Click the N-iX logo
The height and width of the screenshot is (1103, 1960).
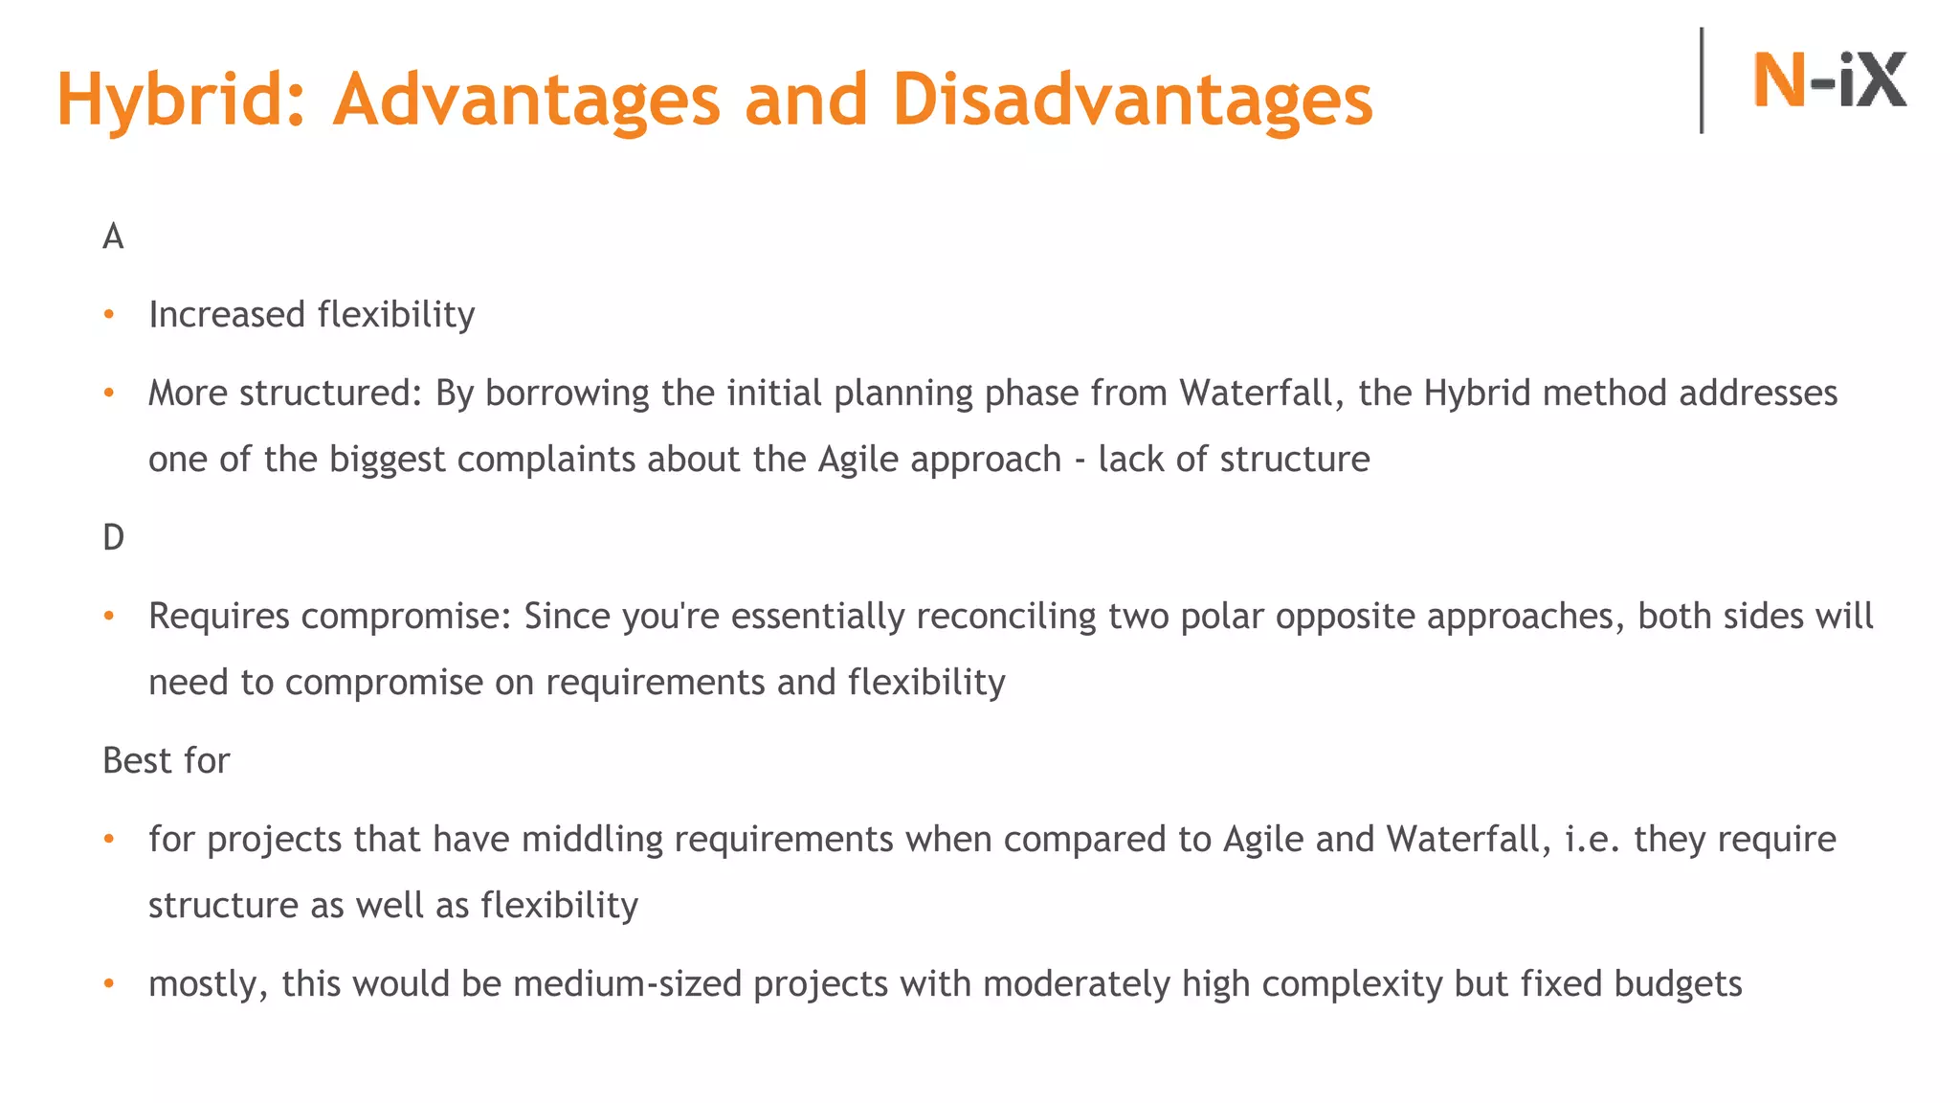tap(1829, 79)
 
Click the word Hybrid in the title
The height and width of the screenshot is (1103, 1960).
tap(181, 100)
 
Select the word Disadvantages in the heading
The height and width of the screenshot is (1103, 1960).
tap(1132, 100)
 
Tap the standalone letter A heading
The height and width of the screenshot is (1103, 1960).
tap(113, 236)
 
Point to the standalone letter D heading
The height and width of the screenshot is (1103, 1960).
tap(113, 537)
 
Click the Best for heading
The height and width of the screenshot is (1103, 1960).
tap(166, 760)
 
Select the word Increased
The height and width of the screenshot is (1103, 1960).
tap(227, 315)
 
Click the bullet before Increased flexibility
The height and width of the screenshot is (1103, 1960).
tap(109, 314)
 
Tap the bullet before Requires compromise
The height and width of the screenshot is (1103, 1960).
tap(109, 615)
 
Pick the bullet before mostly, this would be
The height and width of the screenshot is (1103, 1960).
tap(109, 983)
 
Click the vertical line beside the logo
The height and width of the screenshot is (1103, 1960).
tap(1702, 80)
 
